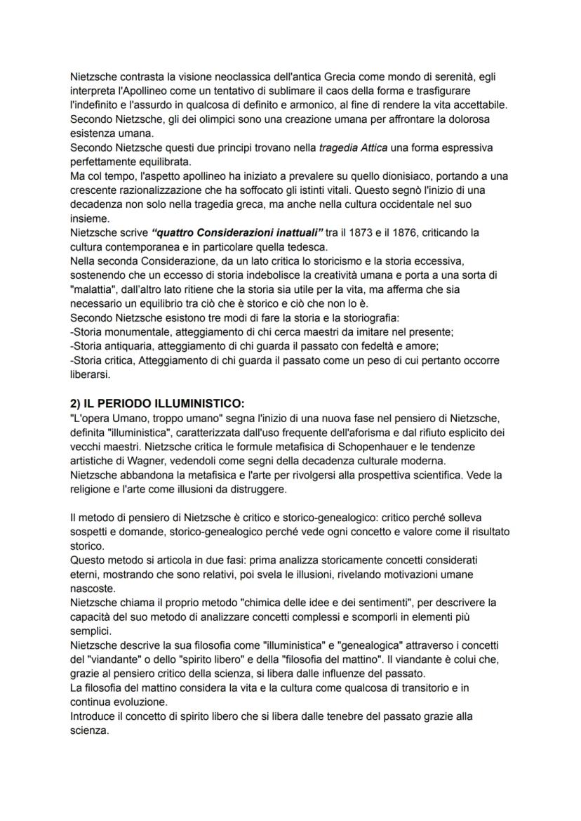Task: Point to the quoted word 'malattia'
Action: pos(93,289)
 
